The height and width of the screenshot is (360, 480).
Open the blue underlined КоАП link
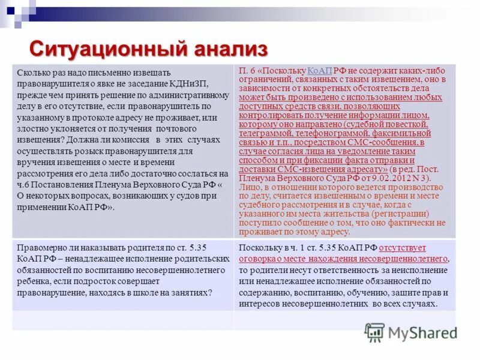coord(319,70)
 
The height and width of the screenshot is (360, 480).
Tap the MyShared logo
coord(411,332)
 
